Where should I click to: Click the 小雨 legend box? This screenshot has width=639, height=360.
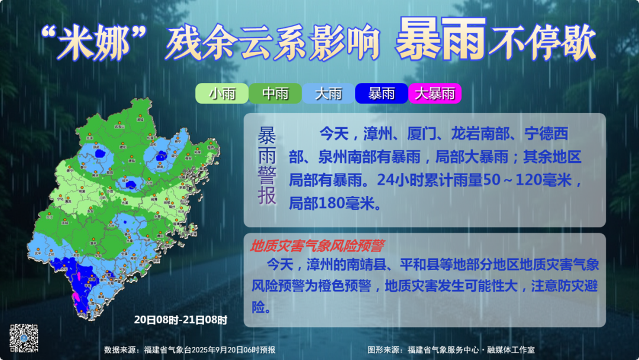(222, 94)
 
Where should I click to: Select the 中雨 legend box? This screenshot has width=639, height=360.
(275, 94)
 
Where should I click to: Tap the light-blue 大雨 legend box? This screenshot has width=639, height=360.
(328, 94)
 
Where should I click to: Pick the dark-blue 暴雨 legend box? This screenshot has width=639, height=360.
(382, 94)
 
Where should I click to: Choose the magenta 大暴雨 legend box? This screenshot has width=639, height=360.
(435, 94)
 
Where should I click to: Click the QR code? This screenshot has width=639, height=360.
(24, 338)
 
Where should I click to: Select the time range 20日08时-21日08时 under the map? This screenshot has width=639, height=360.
(180, 320)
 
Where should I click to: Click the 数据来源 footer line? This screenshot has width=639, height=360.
(189, 350)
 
